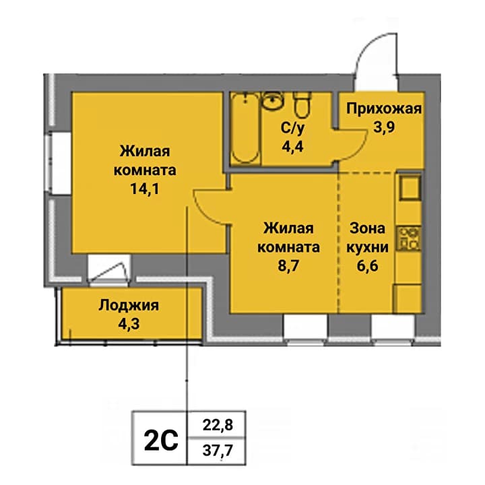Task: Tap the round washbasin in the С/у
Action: [273, 100]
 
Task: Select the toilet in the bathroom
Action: [301, 105]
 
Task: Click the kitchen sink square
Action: [410, 187]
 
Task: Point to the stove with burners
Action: [410, 238]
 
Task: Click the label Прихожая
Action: [384, 109]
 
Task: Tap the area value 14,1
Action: [145, 189]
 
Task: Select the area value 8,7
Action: [288, 265]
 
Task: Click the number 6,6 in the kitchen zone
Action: [368, 265]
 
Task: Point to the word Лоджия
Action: [129, 306]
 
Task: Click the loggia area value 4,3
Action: [129, 323]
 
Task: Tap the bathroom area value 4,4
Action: [292, 146]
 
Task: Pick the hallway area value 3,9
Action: [384, 127]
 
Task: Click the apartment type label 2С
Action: [161, 440]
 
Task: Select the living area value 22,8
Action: [218, 424]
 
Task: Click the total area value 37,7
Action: [218, 451]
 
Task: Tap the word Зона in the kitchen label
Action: [368, 228]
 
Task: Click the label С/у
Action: [292, 128]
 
